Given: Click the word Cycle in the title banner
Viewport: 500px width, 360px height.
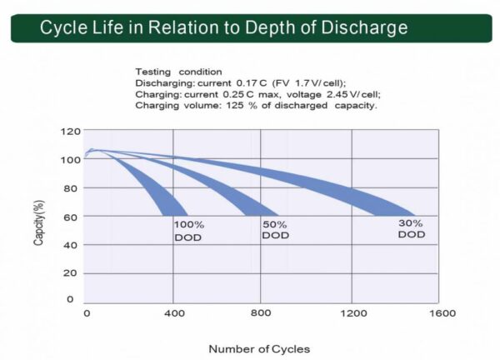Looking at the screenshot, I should pos(63,27).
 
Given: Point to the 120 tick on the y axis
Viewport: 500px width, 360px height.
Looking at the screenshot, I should pos(72,132).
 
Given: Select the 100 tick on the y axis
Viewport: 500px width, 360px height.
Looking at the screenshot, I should pos(72,160).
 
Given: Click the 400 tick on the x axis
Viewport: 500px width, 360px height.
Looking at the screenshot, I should pos(173,314).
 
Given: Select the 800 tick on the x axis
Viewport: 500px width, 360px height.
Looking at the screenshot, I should pos(262,314).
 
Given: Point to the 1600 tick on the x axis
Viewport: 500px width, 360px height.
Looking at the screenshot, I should pos(442,314).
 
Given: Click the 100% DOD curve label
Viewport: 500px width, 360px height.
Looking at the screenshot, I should pos(187,232).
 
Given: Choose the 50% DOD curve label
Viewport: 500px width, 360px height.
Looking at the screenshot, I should pos(275,230).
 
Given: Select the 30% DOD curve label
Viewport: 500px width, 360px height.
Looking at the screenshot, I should pos(411,229).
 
